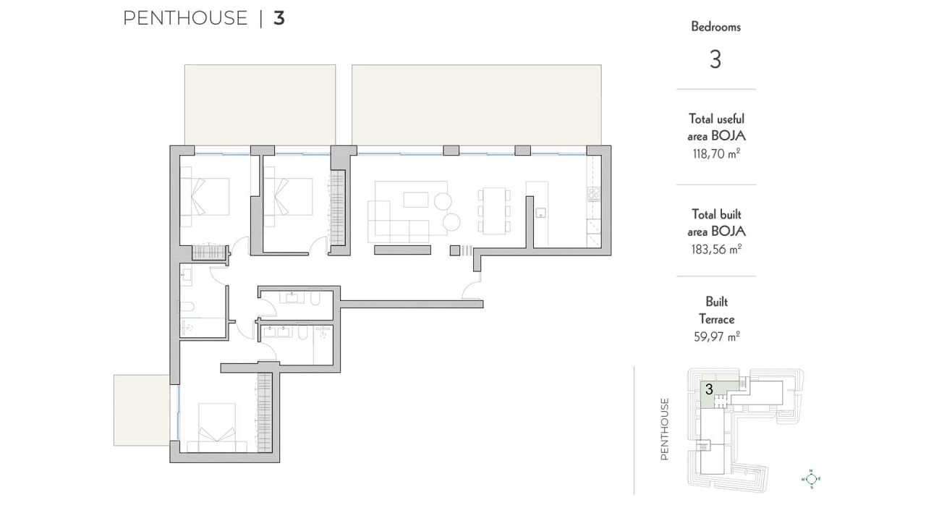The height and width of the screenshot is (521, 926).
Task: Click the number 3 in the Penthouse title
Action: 279,18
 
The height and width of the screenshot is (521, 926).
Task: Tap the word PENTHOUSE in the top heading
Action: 185,18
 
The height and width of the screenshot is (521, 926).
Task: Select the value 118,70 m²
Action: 716,154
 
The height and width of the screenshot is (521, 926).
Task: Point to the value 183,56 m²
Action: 716,250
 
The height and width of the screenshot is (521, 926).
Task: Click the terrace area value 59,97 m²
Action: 716,336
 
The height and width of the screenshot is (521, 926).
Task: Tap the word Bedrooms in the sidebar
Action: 716,27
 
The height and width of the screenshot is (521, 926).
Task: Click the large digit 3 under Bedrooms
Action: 715,59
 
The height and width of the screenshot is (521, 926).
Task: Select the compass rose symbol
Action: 811,479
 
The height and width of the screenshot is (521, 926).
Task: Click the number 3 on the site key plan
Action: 710,389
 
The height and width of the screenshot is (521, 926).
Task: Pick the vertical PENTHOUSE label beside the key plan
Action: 665,429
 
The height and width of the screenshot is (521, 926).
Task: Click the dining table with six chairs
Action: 494,211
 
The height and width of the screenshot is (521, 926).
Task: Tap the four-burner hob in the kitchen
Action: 594,194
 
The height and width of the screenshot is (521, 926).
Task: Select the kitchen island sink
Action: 540,213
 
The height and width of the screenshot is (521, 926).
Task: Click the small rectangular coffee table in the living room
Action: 416,200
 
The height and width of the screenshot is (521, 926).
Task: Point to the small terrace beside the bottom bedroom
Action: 141,410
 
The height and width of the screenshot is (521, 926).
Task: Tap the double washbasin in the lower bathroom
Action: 277,331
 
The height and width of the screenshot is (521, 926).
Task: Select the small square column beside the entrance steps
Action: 455,250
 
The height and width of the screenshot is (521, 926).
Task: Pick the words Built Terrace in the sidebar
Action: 716,310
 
